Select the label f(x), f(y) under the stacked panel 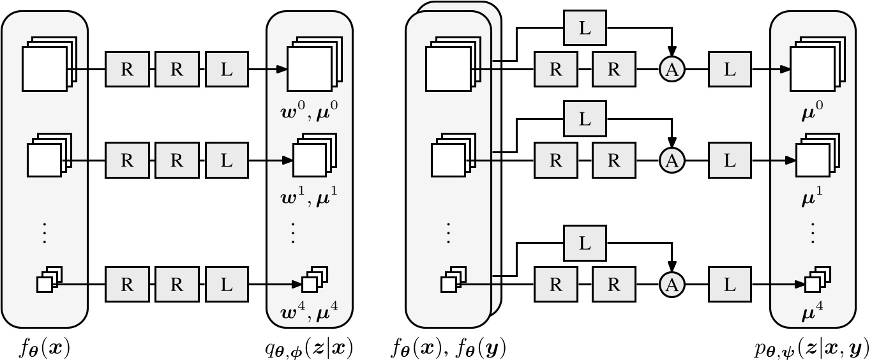450,348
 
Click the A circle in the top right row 672,70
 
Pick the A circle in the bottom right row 672,284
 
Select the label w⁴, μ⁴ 309,313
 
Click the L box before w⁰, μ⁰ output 227,70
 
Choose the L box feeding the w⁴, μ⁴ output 227,284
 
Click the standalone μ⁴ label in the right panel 812,313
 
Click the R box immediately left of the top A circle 613,70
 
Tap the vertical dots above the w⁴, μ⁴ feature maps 294,234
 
